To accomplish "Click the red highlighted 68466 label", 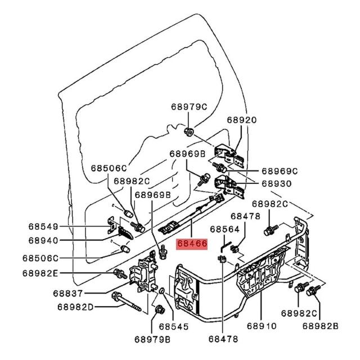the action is pos(192,244).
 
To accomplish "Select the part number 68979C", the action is pos(189,107).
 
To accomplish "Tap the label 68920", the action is pos(242,120).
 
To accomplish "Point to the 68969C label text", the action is pos(280,171).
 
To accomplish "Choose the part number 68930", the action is pos(277,184).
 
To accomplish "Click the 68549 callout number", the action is pos(43,227).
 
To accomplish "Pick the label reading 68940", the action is pos(43,241).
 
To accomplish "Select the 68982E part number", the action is pos(40,273).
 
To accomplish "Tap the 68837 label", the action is pos(67,294).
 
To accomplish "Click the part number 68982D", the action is pos(75,307).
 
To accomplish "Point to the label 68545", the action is pos(174,327).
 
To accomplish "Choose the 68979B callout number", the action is pos(152,340).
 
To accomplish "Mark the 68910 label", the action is pos(262,326).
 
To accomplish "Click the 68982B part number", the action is pos(321,326).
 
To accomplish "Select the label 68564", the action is pos(225,229).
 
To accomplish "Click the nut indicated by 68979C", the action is pos(189,132).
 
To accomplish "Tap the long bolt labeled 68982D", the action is pos(126,302).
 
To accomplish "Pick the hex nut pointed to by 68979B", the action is pos(160,309).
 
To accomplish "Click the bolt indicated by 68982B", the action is pos(313,291).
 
